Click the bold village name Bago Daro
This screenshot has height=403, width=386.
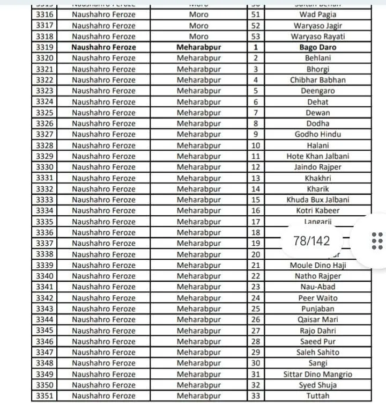tap(318, 47)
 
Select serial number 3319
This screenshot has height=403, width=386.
tap(44, 47)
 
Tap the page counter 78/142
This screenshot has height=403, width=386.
tap(311, 240)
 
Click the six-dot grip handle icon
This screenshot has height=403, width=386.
tap(377, 240)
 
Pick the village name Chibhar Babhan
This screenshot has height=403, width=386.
tap(318, 80)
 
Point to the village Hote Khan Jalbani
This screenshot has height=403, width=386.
tap(318, 156)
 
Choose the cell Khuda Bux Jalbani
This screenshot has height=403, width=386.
tap(318, 200)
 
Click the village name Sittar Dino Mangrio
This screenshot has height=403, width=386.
tap(318, 374)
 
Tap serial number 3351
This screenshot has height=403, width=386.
tap(44, 396)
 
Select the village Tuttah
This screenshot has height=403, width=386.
tap(318, 396)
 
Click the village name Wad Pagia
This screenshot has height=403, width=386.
tap(318, 14)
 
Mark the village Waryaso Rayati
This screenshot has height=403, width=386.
tap(318, 36)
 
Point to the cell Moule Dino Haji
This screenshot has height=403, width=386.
tap(318, 265)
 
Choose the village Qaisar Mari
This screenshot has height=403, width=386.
tap(318, 320)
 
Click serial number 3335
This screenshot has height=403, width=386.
tap(44, 222)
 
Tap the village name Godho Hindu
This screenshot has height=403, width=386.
tap(318, 134)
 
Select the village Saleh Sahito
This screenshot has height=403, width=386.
tap(318, 353)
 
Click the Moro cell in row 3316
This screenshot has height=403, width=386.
tap(198, 14)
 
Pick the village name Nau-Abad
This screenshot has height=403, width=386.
tap(318, 287)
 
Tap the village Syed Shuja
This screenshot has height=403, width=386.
tap(318, 385)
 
